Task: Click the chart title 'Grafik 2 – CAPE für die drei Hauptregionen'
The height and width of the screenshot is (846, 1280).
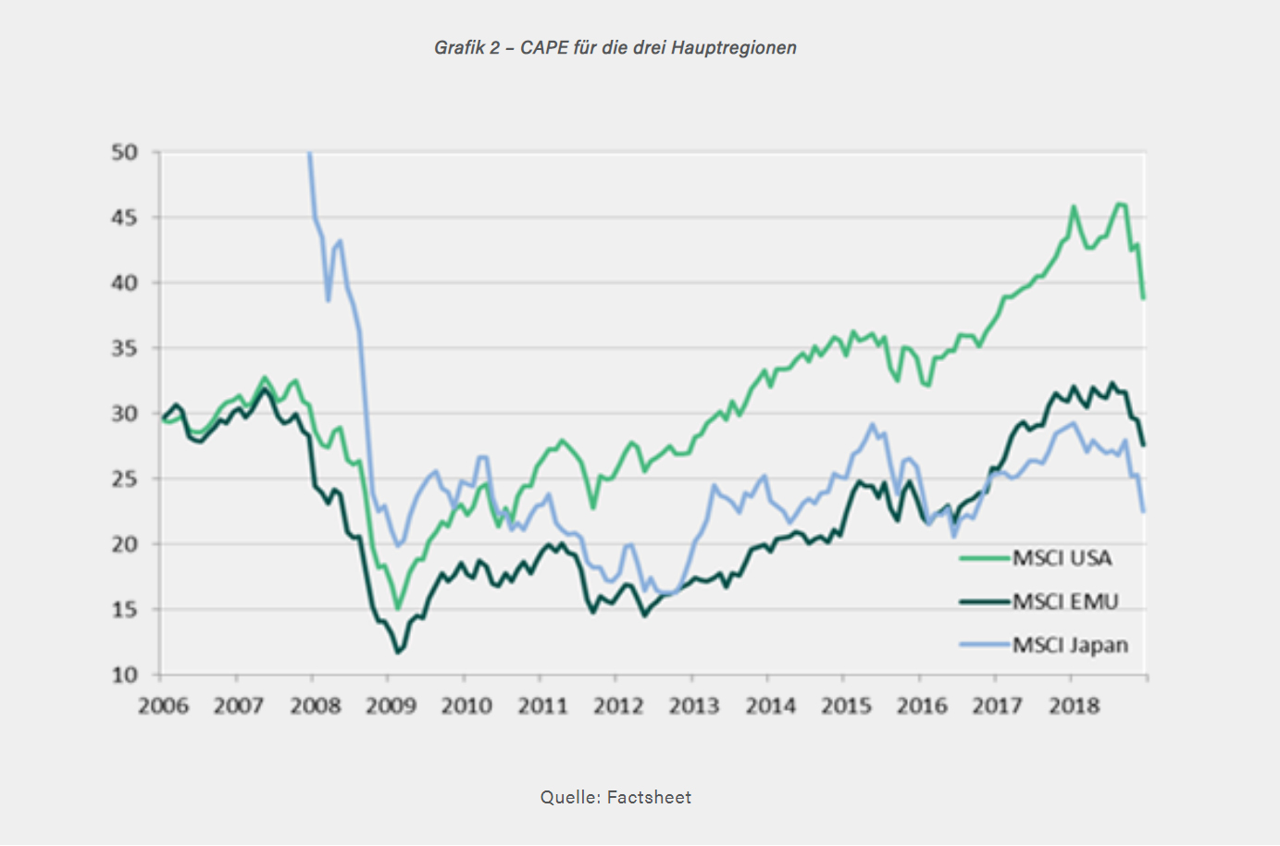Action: [615, 48]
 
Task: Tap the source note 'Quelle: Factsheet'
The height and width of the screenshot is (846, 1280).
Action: [615, 797]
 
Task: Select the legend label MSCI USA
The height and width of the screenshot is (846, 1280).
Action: [1062, 558]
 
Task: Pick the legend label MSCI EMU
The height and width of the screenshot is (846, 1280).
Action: [1065, 602]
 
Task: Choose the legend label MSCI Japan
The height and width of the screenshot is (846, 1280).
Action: [1070, 645]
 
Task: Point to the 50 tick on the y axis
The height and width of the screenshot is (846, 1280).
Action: [124, 153]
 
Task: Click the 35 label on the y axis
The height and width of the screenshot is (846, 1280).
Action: [124, 349]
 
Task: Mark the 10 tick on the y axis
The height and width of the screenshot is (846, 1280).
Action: [124, 676]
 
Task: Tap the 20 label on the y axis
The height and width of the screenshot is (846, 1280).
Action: [124, 544]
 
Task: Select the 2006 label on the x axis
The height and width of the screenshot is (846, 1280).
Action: [163, 706]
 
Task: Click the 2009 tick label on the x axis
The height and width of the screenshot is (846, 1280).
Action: [391, 706]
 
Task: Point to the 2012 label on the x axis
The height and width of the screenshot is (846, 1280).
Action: [618, 706]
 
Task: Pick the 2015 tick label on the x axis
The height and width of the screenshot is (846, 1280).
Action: [846, 706]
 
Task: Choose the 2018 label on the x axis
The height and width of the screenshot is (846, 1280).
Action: [1074, 706]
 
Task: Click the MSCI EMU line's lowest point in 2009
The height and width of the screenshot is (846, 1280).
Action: [398, 653]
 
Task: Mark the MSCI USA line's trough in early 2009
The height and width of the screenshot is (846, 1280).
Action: [398, 608]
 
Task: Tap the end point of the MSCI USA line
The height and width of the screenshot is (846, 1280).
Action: [1145, 298]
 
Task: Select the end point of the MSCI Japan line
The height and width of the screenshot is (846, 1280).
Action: [1145, 511]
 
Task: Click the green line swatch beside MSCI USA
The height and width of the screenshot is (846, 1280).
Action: [984, 558]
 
